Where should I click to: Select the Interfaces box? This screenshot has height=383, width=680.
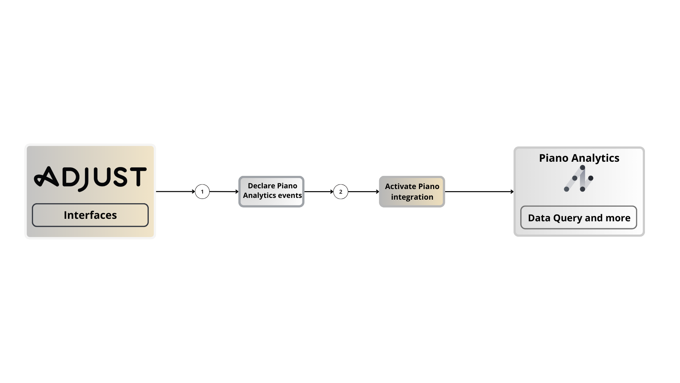pyautogui.click(x=90, y=215)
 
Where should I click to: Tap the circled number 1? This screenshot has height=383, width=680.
pyautogui.click(x=202, y=191)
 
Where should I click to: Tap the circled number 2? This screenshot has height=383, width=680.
pyautogui.click(x=341, y=191)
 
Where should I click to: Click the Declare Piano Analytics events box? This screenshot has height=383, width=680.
pyautogui.click(x=271, y=191)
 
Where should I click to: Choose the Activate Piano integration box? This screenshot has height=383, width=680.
pyautogui.click(x=412, y=191)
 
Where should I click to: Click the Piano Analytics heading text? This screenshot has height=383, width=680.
pyautogui.click(x=579, y=158)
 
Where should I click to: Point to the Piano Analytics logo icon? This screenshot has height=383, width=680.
pyautogui.click(x=579, y=178)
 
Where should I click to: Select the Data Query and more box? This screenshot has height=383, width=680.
pyautogui.click(x=579, y=218)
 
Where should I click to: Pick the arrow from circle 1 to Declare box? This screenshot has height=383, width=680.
pyautogui.click(x=224, y=191)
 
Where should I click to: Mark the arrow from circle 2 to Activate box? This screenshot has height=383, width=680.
pyautogui.click(x=363, y=191)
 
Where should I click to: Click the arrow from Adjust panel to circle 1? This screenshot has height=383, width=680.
pyautogui.click(x=175, y=191)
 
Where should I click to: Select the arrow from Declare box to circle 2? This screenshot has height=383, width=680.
pyautogui.click(x=319, y=191)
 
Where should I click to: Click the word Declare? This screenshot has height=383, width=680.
pyautogui.click(x=261, y=186)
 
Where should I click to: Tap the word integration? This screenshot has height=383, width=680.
pyautogui.click(x=412, y=197)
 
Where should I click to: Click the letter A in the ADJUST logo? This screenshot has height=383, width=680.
pyautogui.click(x=46, y=177)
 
